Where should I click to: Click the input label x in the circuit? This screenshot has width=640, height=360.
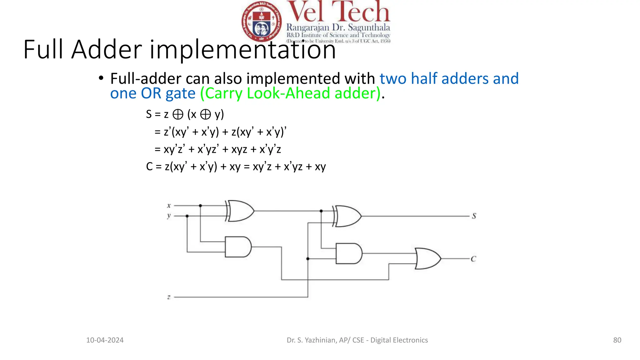[x=169, y=206]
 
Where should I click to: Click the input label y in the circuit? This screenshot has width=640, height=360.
[x=169, y=216]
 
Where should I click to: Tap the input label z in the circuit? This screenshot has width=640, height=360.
[x=169, y=297]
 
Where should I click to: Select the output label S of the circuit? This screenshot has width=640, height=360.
[x=474, y=216]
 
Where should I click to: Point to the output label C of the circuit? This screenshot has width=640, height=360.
[x=473, y=259]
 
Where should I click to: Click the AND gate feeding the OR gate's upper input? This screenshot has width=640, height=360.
[x=349, y=253]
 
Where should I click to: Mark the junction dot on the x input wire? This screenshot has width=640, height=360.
[x=200, y=206]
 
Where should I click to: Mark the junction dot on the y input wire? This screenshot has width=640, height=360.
[x=187, y=216]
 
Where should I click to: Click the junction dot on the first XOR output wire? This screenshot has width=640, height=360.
[x=321, y=211]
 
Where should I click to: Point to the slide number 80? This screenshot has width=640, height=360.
[x=617, y=340]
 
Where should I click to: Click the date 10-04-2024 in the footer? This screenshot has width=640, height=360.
[x=105, y=340]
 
